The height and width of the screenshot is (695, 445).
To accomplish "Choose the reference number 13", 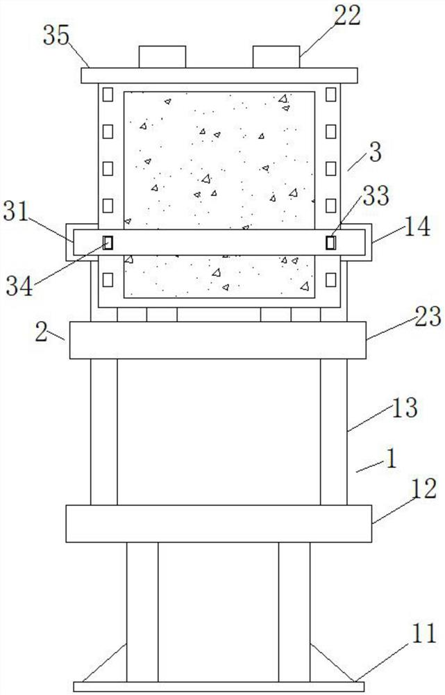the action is [x=404, y=408].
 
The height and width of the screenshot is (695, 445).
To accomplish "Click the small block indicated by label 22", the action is [x=276, y=57].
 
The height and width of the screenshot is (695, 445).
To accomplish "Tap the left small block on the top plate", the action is [x=162, y=57].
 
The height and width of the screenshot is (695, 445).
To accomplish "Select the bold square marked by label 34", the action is [x=108, y=243].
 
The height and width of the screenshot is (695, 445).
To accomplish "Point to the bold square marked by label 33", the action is [x=330, y=243].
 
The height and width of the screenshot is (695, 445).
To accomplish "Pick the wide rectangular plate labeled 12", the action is [x=219, y=524].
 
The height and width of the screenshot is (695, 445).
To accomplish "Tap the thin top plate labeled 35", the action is [x=219, y=75].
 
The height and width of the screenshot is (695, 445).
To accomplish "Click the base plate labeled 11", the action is [x=219, y=687].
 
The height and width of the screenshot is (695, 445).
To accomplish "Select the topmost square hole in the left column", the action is [x=108, y=93].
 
